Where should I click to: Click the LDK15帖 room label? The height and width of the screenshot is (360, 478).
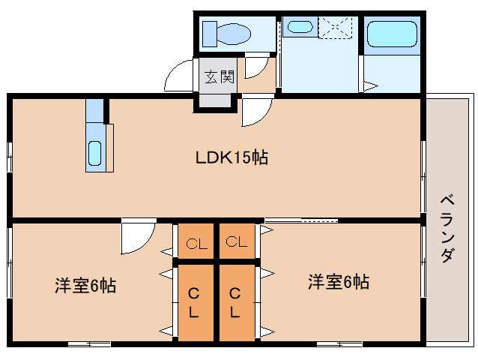232,158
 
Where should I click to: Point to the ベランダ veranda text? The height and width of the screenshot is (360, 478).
447,228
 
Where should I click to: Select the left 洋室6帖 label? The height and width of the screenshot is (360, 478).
85,286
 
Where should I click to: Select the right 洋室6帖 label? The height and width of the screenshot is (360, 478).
339,282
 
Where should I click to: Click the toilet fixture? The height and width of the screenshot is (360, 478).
229,33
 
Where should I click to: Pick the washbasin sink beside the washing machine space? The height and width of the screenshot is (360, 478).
300,28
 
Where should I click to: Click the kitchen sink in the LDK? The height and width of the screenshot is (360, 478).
95,152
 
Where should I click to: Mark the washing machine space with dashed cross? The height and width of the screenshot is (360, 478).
337,28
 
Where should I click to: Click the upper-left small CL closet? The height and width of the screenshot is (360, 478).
196,242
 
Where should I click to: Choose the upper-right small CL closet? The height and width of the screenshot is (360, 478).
237,241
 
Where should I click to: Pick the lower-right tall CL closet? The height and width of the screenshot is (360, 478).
236,301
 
